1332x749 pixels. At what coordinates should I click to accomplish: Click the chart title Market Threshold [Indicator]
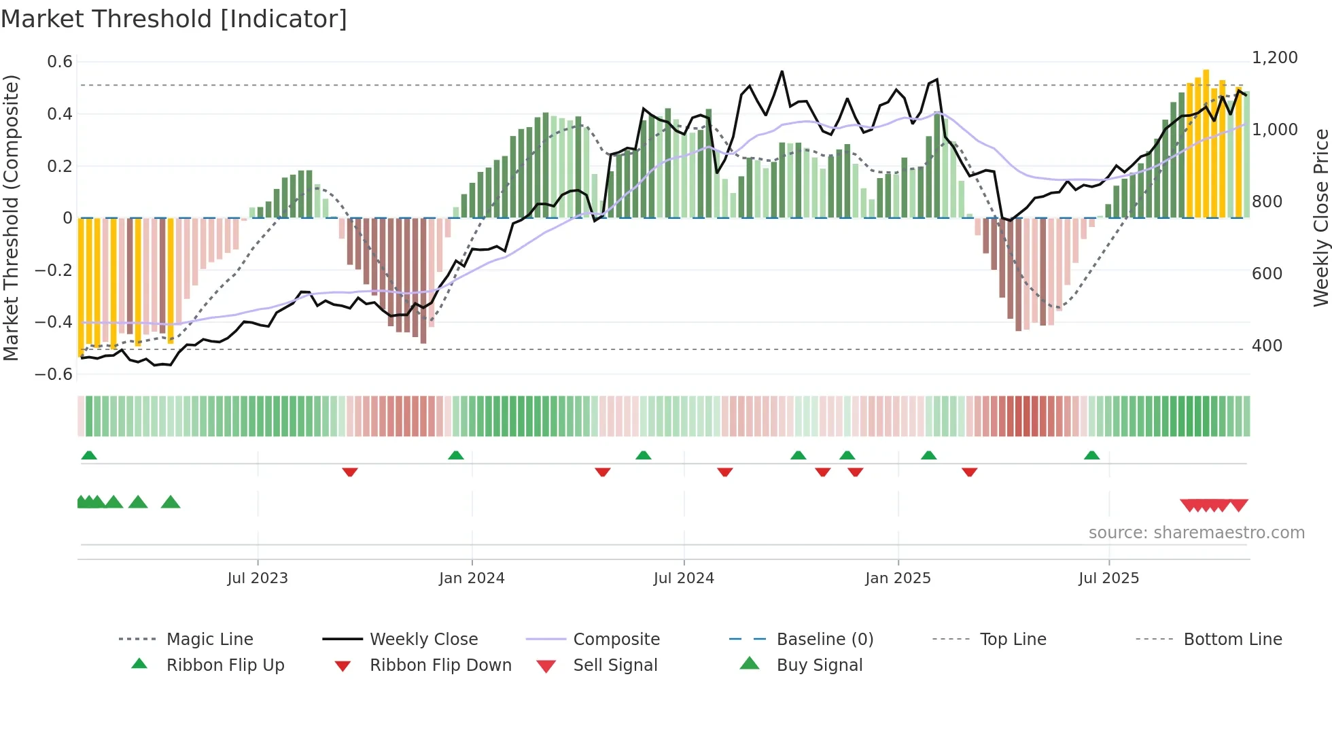(x=174, y=19)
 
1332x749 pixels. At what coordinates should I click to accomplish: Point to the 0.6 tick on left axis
(x=60, y=62)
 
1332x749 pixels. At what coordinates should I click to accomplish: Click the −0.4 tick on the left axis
(x=54, y=322)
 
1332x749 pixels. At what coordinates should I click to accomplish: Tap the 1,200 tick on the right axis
(x=1274, y=58)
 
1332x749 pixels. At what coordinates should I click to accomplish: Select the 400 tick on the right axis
(x=1267, y=346)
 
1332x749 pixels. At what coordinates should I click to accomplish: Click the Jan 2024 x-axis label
(x=472, y=578)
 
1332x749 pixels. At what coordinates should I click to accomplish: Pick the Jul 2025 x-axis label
(x=1108, y=578)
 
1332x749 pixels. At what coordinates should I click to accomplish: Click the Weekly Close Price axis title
(x=1320, y=217)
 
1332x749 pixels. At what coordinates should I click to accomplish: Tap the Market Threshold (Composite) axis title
(x=11, y=217)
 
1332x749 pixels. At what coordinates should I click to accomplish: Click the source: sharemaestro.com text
(x=1196, y=533)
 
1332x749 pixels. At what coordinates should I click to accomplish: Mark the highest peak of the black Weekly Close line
(x=782, y=71)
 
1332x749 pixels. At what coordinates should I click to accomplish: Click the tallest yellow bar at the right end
(x=1206, y=143)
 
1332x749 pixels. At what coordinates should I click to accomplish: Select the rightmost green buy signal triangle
(x=171, y=502)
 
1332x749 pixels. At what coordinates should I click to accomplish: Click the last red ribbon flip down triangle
(x=970, y=472)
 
